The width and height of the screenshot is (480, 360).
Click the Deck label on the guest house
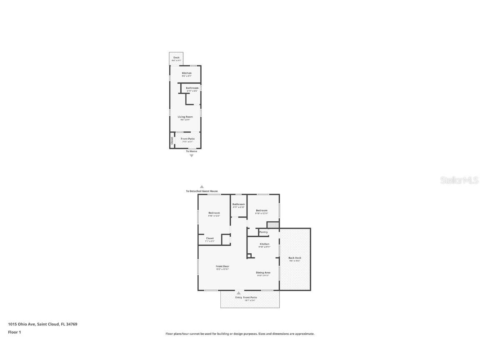tap(176, 57)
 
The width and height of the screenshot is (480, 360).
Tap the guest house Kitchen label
tap(187, 73)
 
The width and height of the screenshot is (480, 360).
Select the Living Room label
tap(185, 117)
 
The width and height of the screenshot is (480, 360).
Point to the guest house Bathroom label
tap(192, 88)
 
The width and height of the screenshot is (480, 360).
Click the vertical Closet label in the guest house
tap(172, 140)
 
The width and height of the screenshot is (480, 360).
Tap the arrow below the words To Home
tap(192, 156)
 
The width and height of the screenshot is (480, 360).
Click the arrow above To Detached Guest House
tap(202, 187)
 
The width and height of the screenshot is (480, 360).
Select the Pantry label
tap(263, 232)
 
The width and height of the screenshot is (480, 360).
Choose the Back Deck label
tap(295, 258)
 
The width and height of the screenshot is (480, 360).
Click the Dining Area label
tap(263, 272)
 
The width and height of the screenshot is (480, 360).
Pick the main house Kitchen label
tap(265, 244)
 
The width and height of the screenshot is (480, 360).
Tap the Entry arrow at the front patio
tap(239, 293)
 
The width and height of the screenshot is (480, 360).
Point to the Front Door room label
tap(222, 266)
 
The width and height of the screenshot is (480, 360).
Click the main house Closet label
tap(210, 238)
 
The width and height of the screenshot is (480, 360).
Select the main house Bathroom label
tap(239, 204)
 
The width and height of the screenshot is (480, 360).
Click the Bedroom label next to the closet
tap(214, 213)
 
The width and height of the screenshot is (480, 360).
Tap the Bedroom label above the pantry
tap(261, 210)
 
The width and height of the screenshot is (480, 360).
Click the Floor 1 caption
tap(14, 332)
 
